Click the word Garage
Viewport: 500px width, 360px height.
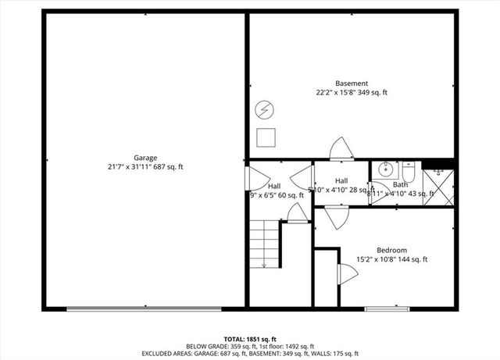[x=145, y=157]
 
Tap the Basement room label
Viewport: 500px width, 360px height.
[x=351, y=83]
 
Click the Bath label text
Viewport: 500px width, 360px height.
[x=400, y=185]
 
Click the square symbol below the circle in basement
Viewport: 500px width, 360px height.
[x=265, y=137]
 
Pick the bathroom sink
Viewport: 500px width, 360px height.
[x=386, y=169]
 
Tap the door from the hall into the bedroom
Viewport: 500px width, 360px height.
[x=336, y=216]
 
